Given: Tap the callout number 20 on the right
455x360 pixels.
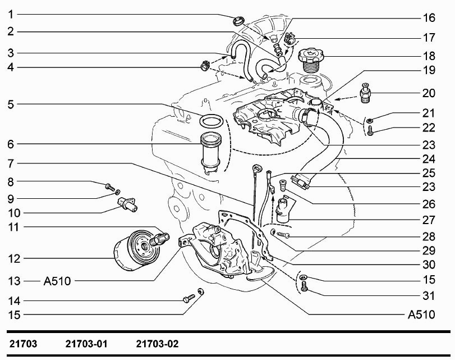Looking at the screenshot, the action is click(x=429, y=93).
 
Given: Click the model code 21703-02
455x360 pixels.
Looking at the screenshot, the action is click(x=157, y=344).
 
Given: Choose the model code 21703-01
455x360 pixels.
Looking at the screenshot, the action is click(x=86, y=344).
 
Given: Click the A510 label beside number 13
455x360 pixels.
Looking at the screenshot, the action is click(x=57, y=281).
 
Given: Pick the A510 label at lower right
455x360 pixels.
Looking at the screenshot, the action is click(x=421, y=315).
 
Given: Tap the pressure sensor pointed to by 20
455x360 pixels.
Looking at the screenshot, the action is click(x=366, y=93).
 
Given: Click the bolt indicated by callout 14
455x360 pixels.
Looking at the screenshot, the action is click(x=189, y=298).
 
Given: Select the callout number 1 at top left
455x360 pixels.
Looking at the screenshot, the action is click(x=11, y=14).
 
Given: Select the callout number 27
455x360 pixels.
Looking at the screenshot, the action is click(x=429, y=220).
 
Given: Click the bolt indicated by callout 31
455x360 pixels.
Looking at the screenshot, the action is click(x=304, y=286).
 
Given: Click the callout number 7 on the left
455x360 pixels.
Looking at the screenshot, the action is click(x=11, y=163).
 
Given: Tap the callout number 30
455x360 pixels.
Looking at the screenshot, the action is click(x=429, y=265).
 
